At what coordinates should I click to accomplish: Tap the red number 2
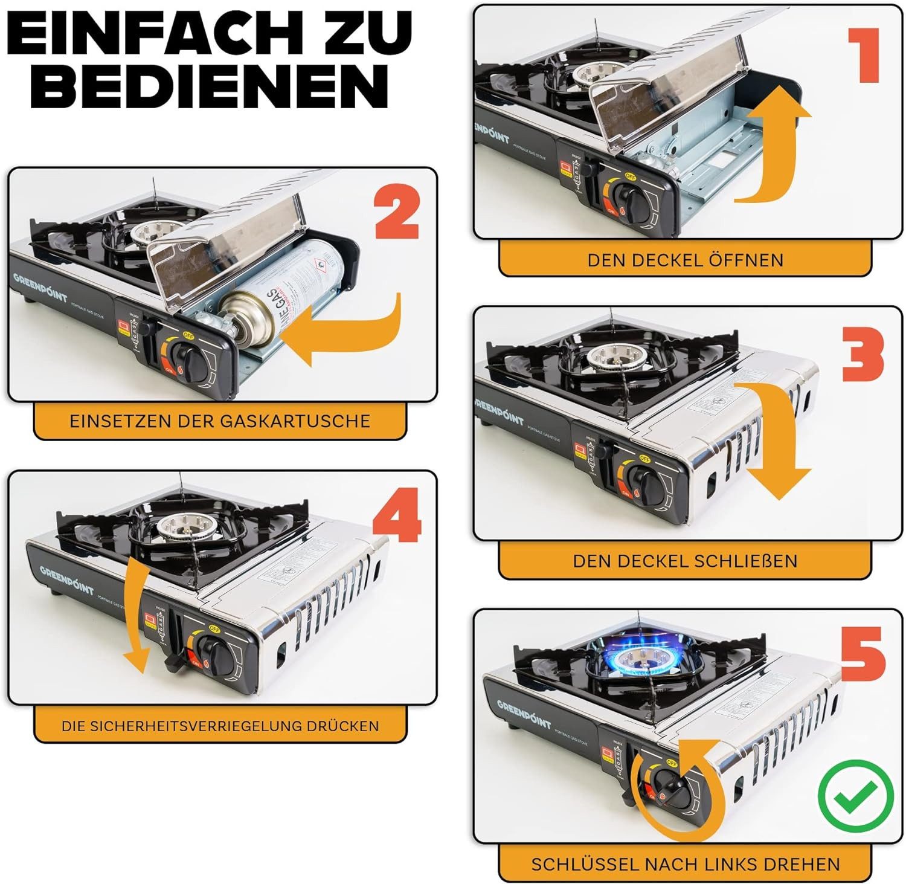[396, 213]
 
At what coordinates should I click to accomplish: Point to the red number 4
[396, 518]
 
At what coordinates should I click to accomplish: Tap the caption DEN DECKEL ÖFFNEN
[685, 260]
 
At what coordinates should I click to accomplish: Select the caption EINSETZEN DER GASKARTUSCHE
[220, 421]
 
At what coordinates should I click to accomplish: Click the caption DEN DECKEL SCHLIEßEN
[685, 561]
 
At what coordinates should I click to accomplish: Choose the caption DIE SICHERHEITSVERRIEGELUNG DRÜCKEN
[220, 726]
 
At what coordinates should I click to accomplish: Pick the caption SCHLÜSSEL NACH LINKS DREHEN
[685, 864]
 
